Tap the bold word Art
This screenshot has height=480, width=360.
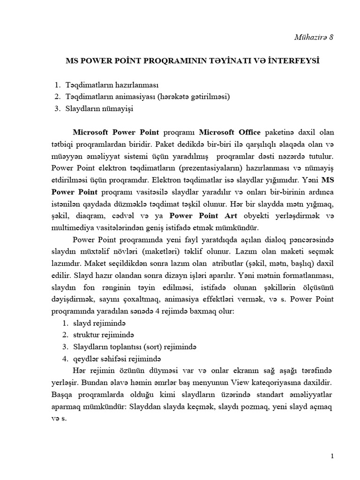pyautogui.click(x=232, y=216)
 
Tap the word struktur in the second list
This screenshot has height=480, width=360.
pyautogui.click(x=87, y=335)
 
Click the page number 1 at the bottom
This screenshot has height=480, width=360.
pyautogui.click(x=332, y=456)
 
